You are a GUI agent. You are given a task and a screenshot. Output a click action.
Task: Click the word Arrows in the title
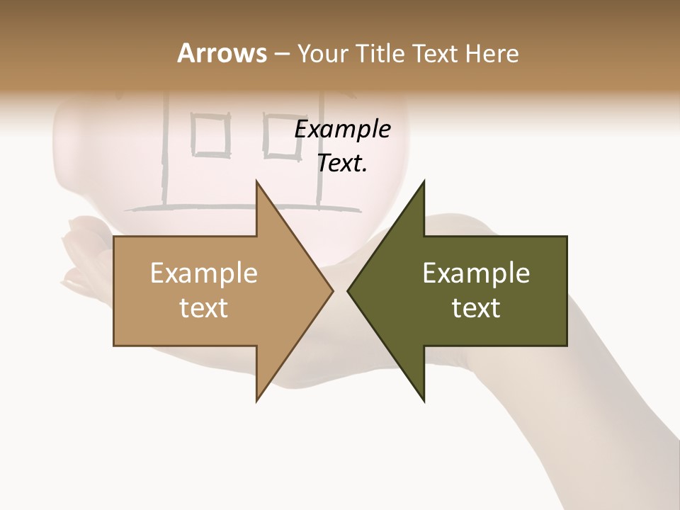coord(222,53)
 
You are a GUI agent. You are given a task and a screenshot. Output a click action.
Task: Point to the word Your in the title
coord(322,53)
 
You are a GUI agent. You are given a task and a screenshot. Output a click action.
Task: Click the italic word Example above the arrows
coord(342,130)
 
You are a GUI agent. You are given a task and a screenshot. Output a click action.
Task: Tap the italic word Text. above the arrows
coord(342,164)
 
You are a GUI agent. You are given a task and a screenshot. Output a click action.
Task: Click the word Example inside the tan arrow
coord(204,273)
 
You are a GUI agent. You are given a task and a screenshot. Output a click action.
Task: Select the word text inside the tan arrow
coord(204,307)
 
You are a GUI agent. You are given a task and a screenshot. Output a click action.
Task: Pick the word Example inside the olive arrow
coord(476,273)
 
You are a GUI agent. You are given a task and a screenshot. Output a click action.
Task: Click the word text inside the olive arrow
coord(476,307)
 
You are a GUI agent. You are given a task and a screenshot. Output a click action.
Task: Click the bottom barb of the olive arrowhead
coord(423,398)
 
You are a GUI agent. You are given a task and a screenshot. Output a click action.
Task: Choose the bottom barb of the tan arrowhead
coord(258,398)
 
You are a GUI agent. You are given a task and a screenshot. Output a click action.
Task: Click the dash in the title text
coord(281,54)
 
